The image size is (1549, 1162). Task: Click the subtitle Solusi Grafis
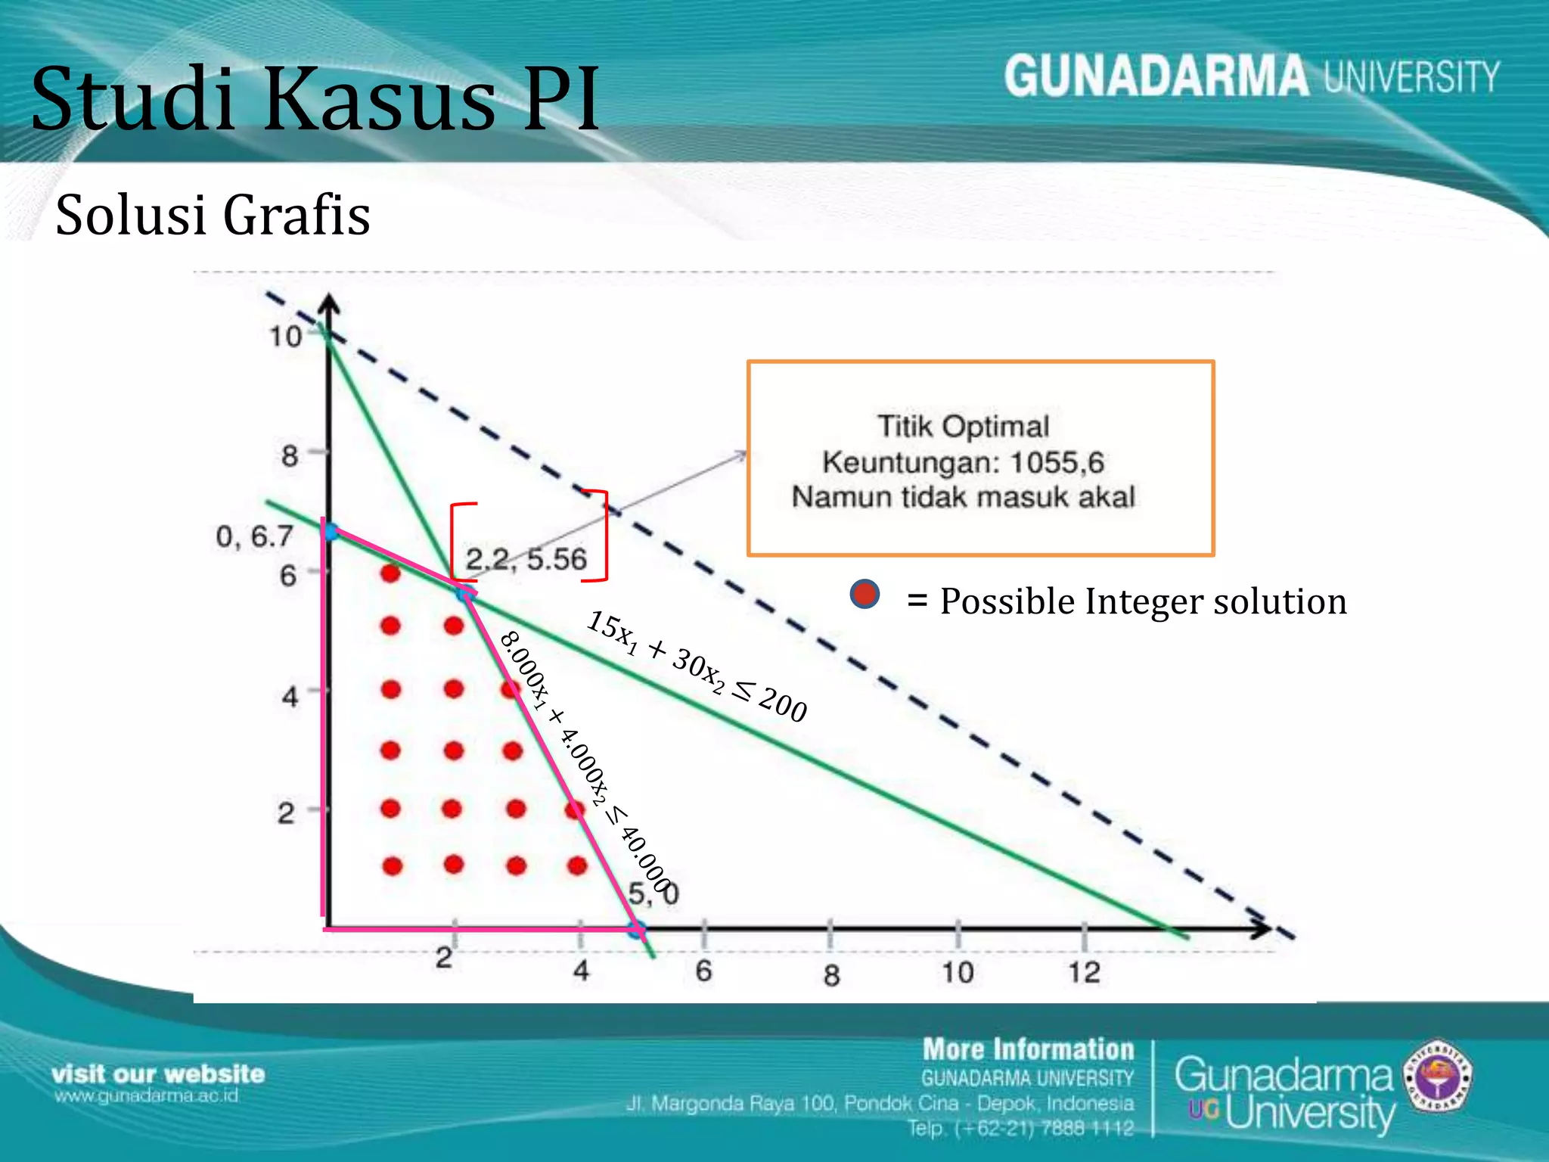click(x=213, y=216)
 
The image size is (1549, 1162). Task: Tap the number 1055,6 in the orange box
click(x=1057, y=462)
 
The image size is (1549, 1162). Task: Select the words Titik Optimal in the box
click(x=963, y=426)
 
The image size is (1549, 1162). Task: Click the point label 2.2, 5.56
click(x=526, y=559)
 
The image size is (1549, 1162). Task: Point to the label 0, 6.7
click(x=254, y=536)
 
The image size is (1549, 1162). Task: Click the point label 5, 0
click(x=653, y=894)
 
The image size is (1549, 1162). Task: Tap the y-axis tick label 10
click(x=286, y=337)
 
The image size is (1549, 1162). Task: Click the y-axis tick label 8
click(x=290, y=456)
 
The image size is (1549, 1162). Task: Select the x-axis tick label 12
click(x=1084, y=973)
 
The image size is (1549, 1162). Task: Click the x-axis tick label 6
click(x=703, y=971)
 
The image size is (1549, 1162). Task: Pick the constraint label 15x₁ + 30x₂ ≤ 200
click(x=697, y=666)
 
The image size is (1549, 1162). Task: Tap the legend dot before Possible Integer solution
click(x=865, y=595)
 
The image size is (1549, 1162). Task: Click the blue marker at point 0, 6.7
click(x=331, y=532)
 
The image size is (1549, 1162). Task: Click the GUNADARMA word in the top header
click(x=1156, y=77)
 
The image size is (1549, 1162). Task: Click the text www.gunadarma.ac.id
click(x=146, y=1096)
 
